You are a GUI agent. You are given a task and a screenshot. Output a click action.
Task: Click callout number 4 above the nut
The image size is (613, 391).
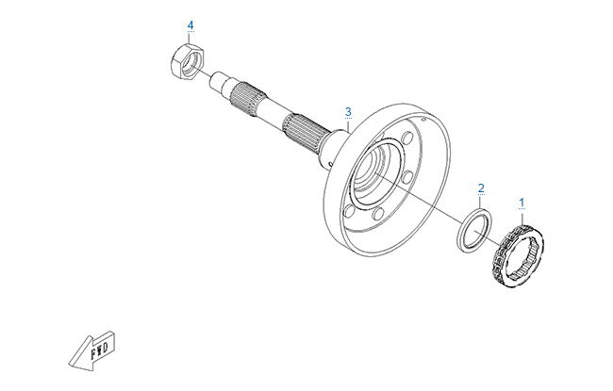[x=191, y=25]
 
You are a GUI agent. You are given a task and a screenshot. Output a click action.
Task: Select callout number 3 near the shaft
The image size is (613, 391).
[x=348, y=112]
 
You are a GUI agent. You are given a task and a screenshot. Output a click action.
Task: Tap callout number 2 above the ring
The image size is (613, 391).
[x=481, y=188]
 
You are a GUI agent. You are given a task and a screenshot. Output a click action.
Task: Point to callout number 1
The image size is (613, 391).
[x=522, y=203]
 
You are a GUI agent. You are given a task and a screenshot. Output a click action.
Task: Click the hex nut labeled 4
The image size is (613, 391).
[x=188, y=62]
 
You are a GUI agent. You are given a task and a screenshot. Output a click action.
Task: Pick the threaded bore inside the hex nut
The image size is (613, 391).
[x=192, y=63]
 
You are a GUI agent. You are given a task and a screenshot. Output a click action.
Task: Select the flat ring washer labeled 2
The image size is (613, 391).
[x=474, y=231]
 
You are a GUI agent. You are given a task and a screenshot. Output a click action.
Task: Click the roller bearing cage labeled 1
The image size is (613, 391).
[x=517, y=257]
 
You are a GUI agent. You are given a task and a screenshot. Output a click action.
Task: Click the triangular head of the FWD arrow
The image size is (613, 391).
[x=82, y=354]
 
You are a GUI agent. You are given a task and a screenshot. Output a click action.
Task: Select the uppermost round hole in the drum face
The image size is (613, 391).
[x=407, y=138]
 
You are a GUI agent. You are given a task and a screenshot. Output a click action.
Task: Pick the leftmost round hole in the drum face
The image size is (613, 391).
[x=349, y=211]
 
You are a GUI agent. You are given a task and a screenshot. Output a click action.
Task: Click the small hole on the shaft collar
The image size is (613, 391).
[x=331, y=165]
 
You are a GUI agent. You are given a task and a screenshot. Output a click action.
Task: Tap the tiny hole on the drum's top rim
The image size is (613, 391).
[x=423, y=119]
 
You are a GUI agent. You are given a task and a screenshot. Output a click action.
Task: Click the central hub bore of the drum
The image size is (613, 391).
[x=373, y=167]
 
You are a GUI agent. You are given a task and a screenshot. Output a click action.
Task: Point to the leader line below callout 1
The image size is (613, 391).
[x=522, y=218]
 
